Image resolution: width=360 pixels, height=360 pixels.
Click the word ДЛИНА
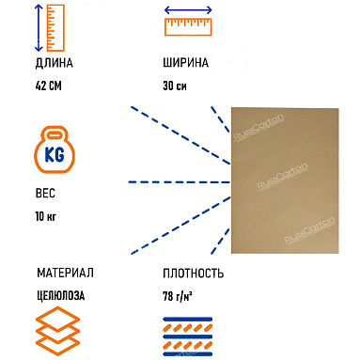(54, 64)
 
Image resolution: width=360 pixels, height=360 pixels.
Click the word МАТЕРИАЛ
(65, 274)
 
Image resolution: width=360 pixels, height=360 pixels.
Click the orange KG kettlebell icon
(55, 149)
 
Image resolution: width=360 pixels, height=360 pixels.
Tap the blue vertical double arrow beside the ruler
(38, 26)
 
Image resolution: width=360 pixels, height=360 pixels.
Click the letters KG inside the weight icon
(55, 152)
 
